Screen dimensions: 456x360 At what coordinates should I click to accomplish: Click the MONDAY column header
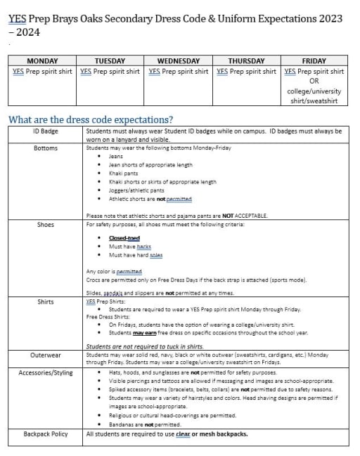pos(42,61)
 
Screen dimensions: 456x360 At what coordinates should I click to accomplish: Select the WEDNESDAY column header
pos(179,61)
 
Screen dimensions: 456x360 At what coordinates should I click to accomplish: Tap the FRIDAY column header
pos(314,61)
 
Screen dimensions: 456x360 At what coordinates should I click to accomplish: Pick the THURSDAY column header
pos(246,61)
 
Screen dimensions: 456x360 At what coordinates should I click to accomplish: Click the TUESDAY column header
pos(110,61)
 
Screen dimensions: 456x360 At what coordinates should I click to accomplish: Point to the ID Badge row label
pos(46,131)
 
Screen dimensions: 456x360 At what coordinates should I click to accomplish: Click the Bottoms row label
pos(46,148)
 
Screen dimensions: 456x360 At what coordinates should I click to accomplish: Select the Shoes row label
pos(46,225)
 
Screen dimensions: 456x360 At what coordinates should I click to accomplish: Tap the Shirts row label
pos(46,301)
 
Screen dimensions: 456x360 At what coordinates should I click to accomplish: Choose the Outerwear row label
pos(46,355)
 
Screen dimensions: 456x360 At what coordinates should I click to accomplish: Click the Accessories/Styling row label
pos(46,372)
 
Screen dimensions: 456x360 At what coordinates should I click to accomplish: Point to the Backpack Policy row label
pos(46,434)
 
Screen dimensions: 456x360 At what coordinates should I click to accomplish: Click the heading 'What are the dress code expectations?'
pos(91,119)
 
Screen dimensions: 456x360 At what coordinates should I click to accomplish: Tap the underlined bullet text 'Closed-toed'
pos(124,238)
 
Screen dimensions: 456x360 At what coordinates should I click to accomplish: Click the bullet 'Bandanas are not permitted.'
pos(145,424)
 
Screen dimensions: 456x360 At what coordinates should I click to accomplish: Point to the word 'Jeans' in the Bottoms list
pos(116,156)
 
